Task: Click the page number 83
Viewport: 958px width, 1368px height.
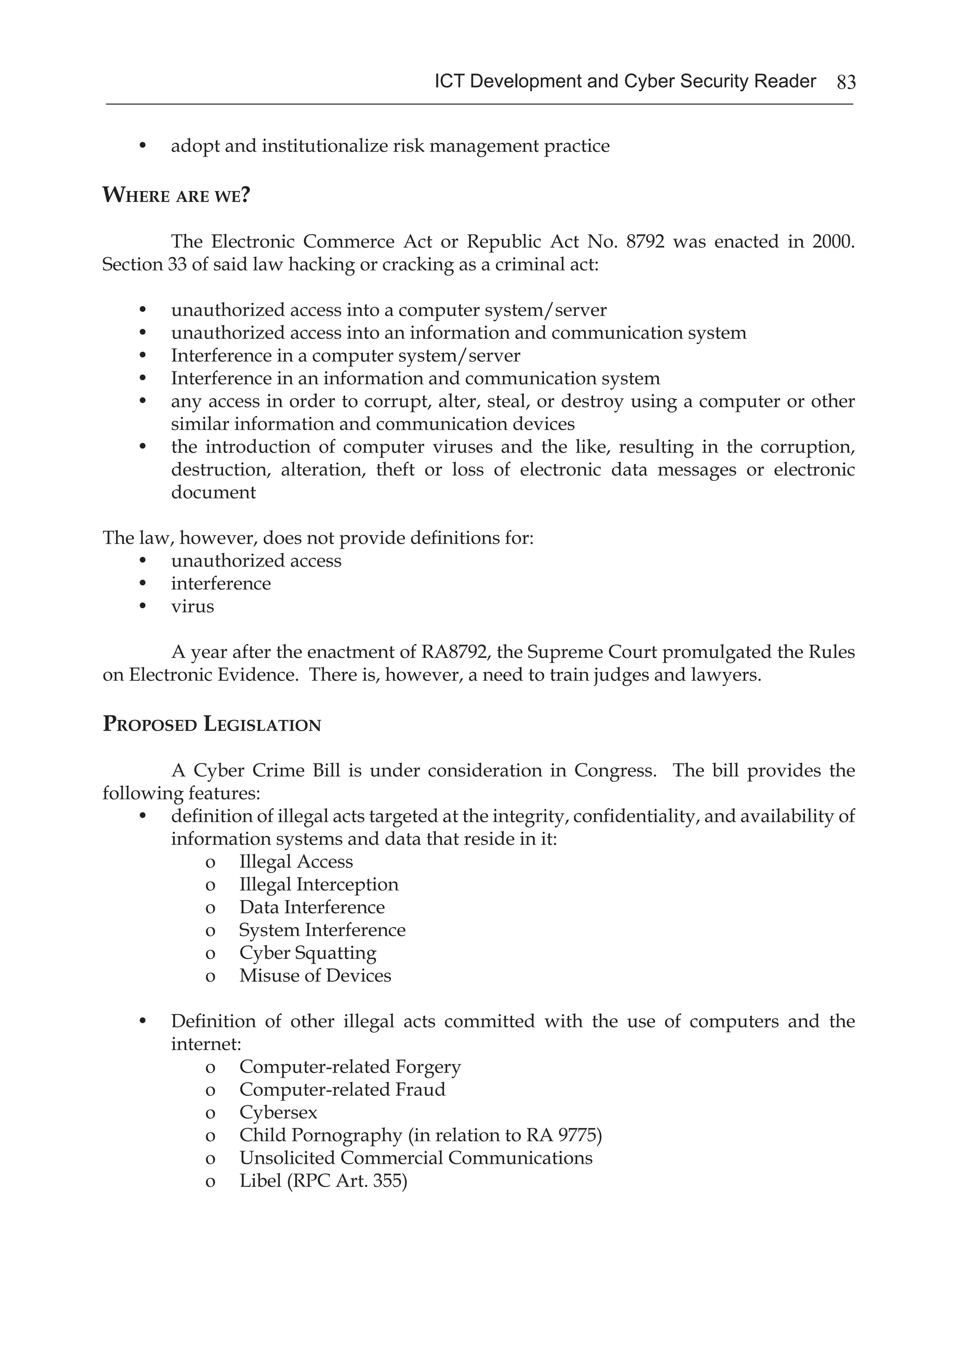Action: [846, 82]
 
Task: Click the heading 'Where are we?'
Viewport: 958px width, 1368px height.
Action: [176, 195]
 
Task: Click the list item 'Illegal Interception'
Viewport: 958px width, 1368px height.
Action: [319, 884]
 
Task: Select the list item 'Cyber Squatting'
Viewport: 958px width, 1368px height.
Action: [308, 953]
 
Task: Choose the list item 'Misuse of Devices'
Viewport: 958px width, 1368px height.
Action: [315, 975]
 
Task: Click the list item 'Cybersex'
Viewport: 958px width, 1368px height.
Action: [278, 1112]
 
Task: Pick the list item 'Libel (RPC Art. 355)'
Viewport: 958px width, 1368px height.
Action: [323, 1181]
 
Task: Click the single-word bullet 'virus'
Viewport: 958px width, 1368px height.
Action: [193, 606]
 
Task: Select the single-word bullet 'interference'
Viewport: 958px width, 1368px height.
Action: [221, 583]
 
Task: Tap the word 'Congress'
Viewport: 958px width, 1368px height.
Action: [615, 770]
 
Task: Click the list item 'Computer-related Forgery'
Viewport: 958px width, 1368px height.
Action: [350, 1066]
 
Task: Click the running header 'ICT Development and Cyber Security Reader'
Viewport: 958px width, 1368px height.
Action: [625, 81]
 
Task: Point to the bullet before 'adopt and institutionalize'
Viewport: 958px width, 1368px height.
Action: [143, 146]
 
